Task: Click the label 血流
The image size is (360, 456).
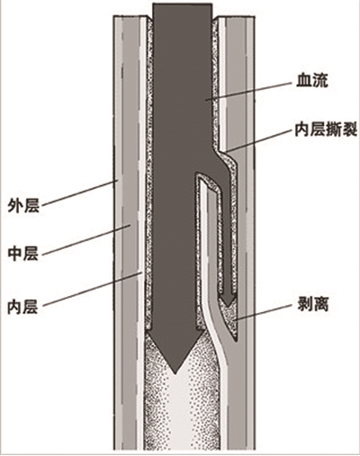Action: [312, 80]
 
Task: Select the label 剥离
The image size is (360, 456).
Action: [312, 305]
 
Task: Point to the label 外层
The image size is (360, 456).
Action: [23, 206]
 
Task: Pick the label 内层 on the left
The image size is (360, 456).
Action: [23, 307]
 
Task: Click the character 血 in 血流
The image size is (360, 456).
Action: [304, 80]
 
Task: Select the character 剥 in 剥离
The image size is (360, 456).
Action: [304, 305]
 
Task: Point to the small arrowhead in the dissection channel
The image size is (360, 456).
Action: [228, 300]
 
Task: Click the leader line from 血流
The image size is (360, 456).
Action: [248, 90]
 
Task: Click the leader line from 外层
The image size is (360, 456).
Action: [79, 192]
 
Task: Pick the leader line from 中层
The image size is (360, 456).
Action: [85, 240]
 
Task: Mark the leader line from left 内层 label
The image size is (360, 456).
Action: [92, 290]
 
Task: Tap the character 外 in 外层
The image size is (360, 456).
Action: [15, 206]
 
